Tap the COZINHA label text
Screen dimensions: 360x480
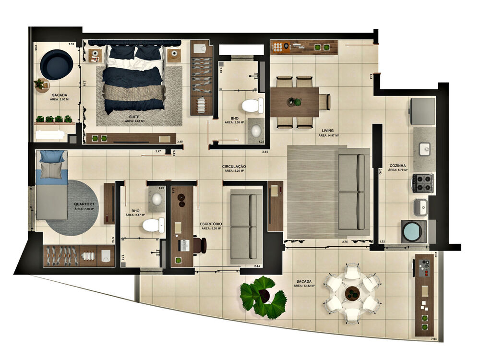398,164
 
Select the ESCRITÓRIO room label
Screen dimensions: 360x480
211,223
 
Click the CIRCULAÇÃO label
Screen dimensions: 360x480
234,166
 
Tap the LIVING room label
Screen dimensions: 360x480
328,130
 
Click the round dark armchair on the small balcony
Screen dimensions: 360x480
56,64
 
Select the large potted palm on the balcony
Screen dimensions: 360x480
263,297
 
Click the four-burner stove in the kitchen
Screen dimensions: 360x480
422,183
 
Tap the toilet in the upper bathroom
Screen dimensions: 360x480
252,105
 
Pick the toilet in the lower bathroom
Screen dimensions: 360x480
154,224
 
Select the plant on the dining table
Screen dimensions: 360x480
297,102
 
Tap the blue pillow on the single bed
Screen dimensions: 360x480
52,156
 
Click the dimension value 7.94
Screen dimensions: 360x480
434,339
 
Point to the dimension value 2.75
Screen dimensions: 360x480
344,241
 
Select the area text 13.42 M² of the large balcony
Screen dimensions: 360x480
305,286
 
